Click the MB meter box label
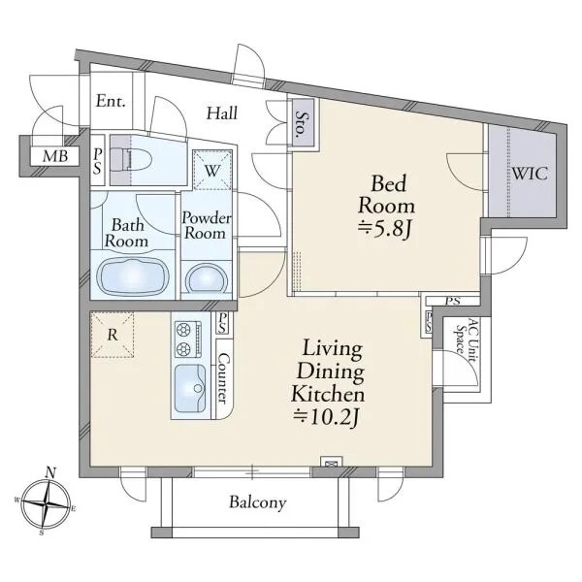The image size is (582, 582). click(x=55, y=156)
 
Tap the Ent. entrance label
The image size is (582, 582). click(x=111, y=101)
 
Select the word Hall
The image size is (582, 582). click(x=221, y=113)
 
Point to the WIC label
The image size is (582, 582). click(x=530, y=174)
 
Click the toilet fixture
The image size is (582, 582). click(x=132, y=161)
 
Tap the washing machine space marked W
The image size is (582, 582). click(x=211, y=170)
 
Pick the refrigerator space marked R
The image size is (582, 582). click(x=113, y=335)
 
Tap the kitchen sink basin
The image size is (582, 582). click(x=190, y=388)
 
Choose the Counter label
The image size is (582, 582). click(x=223, y=377)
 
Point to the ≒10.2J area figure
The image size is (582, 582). click(x=326, y=417)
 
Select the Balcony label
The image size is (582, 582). click(x=258, y=502)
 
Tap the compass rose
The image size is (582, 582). click(x=46, y=504)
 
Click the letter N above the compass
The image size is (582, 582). click(x=50, y=472)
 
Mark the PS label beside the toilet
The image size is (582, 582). click(x=98, y=161)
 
